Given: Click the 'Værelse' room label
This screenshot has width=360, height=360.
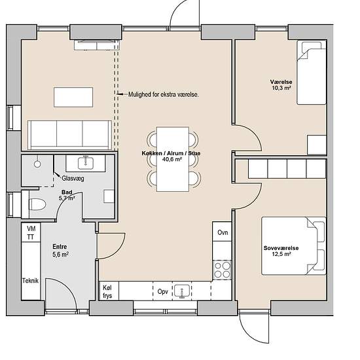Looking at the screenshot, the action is (281, 82).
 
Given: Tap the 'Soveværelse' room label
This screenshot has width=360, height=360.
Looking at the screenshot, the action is (281, 248).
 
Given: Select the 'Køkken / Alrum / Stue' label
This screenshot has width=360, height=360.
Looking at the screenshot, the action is (171, 153).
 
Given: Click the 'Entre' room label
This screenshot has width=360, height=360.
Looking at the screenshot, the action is (60, 247).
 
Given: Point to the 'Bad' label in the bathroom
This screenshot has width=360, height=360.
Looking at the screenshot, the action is (67, 192).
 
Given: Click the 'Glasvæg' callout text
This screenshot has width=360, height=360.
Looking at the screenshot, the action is (73, 179).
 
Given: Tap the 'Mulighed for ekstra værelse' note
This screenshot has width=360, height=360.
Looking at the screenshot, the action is (164, 94).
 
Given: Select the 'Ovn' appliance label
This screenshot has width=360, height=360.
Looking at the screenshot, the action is (223, 232).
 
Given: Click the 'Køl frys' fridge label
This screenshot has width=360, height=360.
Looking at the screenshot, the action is (107, 291).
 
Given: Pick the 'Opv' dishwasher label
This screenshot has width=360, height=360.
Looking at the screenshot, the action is (162, 292).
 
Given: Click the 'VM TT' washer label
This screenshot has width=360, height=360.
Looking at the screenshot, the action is (31, 232).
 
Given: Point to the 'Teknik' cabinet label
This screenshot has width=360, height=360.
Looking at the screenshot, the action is (30, 281).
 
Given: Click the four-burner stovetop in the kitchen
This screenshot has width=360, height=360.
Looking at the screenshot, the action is (223, 270).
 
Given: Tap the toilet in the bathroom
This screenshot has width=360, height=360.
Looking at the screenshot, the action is (37, 204).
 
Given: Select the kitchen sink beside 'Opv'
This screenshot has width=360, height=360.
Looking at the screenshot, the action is (182, 291).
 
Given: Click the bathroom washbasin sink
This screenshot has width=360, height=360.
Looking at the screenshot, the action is (86, 163).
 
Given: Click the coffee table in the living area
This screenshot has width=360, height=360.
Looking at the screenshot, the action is (73, 97).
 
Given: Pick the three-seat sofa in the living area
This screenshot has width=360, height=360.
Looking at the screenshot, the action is (69, 135).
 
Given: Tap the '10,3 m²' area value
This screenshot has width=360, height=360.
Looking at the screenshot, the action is (281, 88).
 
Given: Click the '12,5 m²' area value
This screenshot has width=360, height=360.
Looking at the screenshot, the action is (281, 254).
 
